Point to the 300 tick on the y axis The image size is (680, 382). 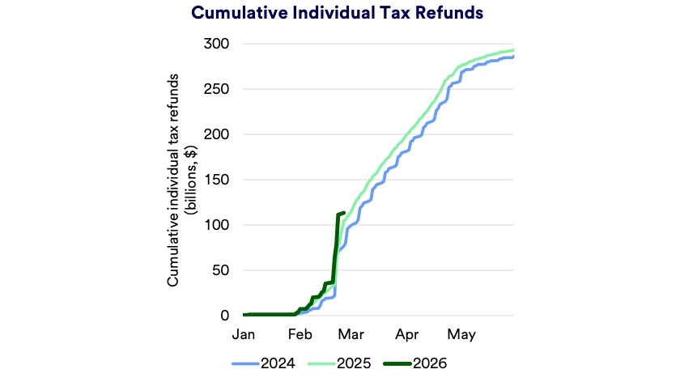point(218,44)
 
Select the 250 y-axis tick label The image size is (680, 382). point(218,89)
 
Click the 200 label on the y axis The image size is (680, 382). point(218,134)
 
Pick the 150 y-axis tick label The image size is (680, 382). point(218,180)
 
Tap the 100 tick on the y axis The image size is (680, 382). point(218,225)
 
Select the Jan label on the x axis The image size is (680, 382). point(244,333)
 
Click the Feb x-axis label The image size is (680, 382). point(300,333)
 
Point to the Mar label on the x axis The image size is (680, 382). point(352,333)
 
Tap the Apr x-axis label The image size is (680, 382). point(407,333)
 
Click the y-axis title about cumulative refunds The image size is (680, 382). point(181,179)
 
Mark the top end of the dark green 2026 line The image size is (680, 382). point(344,213)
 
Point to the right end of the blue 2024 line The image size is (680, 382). point(513,57)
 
